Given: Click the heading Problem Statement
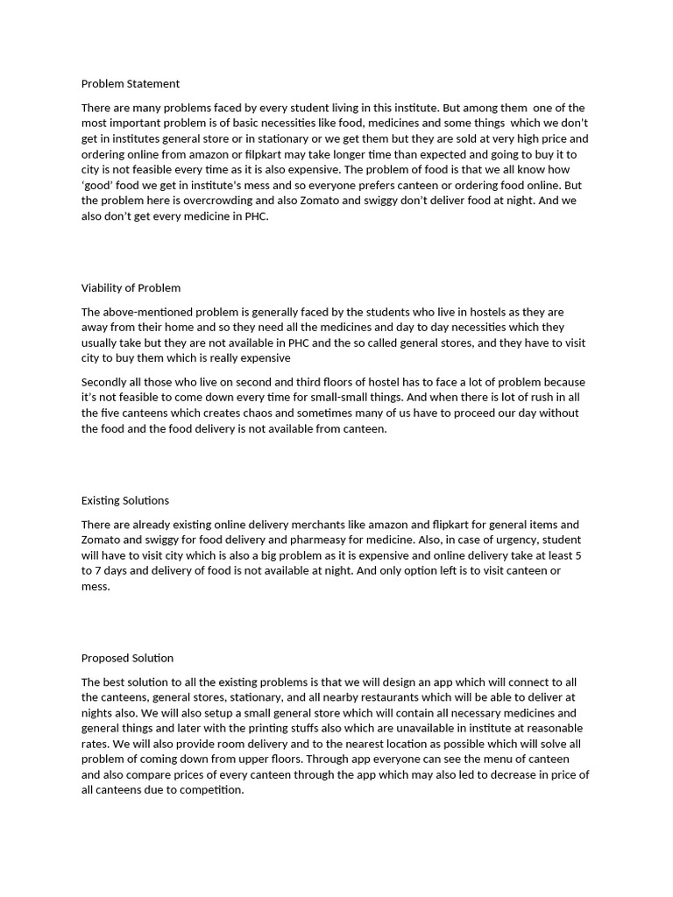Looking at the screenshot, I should [131, 84].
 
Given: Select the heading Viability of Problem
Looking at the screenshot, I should [131, 288].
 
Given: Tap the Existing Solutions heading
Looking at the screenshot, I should [125, 501].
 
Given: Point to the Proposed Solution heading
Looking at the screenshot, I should [127, 659].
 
